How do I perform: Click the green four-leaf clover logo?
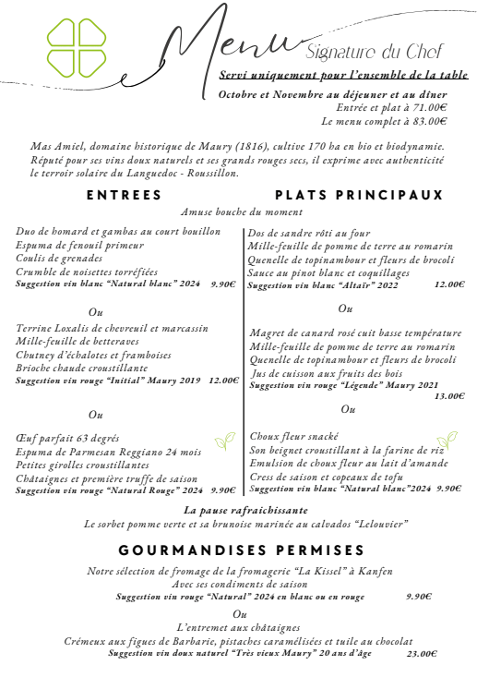[78, 48]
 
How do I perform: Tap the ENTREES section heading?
[124, 195]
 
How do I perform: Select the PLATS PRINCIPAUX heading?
[360, 195]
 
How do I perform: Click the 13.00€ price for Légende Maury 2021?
[449, 396]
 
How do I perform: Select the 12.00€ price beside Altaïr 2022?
[449, 285]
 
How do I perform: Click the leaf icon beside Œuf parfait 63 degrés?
[224, 441]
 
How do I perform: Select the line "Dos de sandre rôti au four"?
[308, 233]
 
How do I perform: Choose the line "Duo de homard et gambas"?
[118, 231]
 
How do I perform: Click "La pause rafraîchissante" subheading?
[245, 510]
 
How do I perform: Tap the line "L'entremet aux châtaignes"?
[239, 627]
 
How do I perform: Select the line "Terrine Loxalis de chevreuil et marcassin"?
[113, 328]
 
